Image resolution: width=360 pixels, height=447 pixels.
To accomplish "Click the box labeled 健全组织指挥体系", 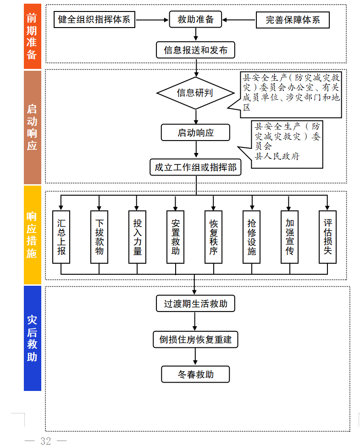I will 94,20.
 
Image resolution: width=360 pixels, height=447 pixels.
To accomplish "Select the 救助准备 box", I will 196,20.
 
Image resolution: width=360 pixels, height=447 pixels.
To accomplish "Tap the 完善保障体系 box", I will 293,20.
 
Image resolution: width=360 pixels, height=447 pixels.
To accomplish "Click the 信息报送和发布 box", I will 196,50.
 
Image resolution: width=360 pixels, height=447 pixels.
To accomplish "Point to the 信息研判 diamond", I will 195,93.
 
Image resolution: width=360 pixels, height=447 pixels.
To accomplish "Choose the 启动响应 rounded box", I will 196,133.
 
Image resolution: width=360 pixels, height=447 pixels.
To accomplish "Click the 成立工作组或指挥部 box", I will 195,167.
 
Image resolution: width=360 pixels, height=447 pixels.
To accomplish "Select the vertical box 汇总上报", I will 61,237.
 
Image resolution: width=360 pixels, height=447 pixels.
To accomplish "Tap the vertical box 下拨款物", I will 100,237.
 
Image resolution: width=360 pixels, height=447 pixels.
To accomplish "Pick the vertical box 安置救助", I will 176,237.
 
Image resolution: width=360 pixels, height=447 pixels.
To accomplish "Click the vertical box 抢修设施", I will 252,237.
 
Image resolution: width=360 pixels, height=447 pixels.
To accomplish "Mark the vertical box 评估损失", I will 327,237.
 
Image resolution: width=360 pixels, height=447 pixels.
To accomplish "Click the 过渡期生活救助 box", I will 196,304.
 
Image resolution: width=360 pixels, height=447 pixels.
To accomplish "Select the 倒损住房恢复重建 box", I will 196,340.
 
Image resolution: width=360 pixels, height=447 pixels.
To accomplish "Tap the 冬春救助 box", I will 196,374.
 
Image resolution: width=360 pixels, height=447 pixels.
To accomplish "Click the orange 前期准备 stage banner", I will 32,37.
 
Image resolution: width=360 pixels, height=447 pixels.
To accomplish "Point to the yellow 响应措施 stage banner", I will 32,235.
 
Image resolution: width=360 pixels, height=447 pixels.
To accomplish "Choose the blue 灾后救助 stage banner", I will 32,338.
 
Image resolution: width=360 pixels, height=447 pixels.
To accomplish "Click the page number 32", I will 46,441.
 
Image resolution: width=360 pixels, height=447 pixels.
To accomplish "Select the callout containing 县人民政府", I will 288,143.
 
